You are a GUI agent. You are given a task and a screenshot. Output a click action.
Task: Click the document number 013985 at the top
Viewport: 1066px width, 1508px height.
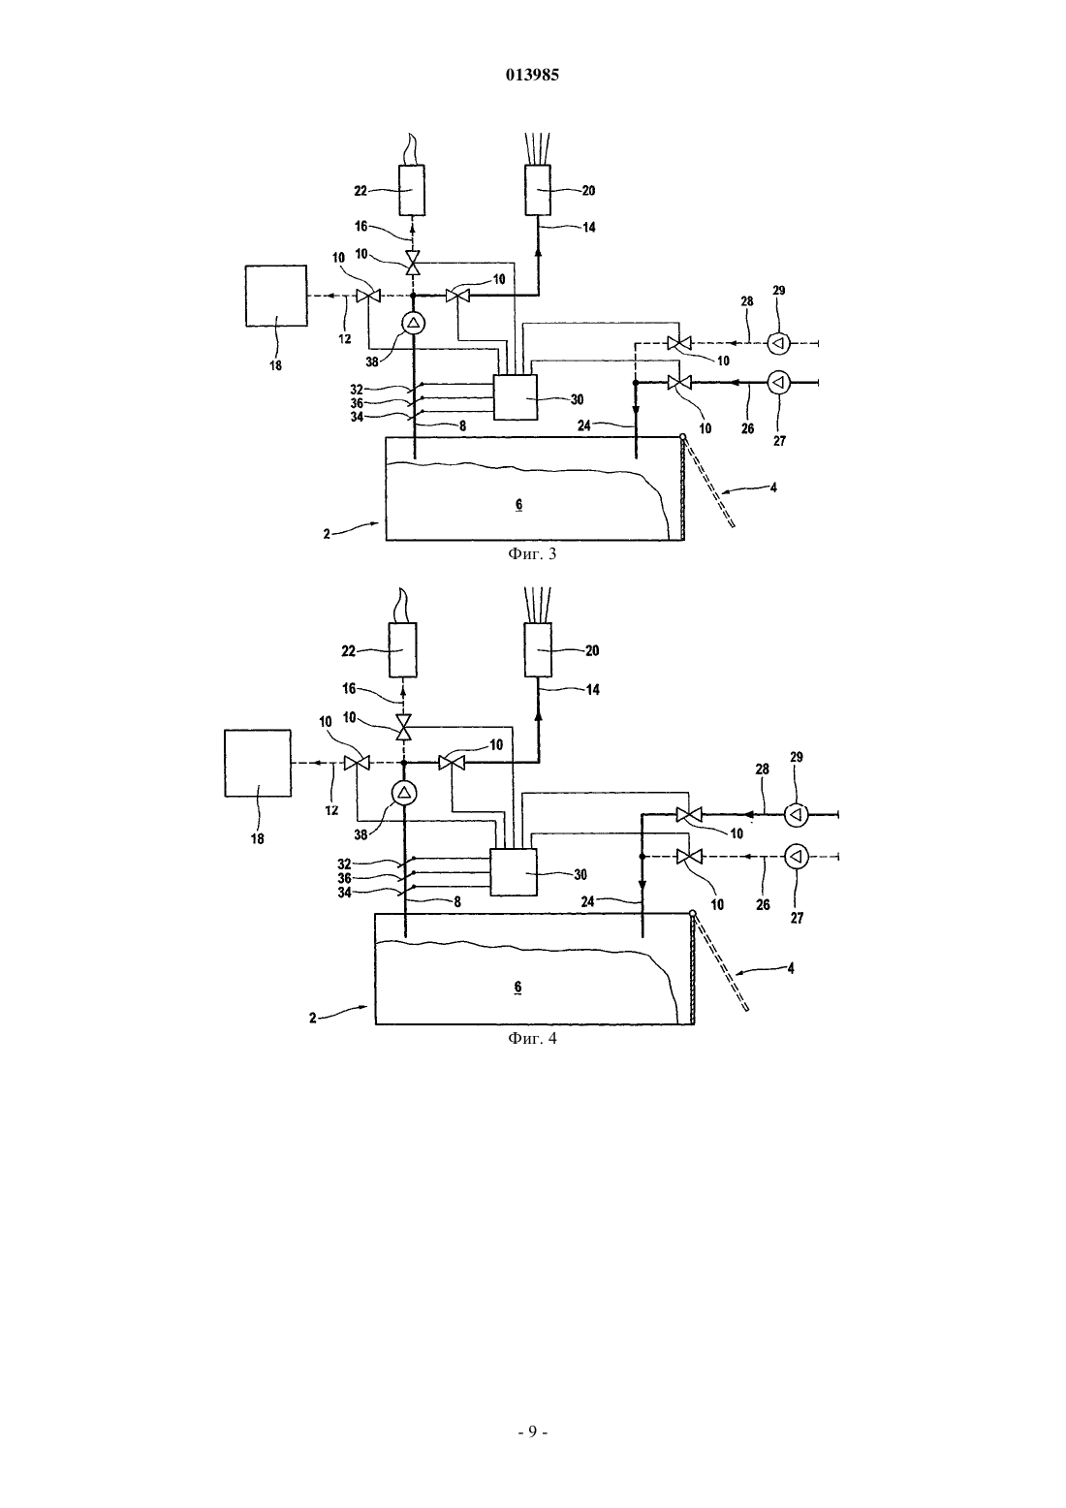pyautogui.click(x=532, y=75)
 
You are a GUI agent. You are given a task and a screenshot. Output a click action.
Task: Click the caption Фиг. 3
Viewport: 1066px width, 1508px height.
pyautogui.click(x=532, y=554)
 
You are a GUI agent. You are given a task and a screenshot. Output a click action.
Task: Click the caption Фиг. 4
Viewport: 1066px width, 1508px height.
pyautogui.click(x=532, y=1038)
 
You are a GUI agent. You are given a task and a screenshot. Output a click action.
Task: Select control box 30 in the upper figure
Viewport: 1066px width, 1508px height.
pyautogui.click(x=516, y=397)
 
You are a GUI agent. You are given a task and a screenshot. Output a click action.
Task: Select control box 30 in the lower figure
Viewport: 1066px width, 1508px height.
pyautogui.click(x=514, y=872)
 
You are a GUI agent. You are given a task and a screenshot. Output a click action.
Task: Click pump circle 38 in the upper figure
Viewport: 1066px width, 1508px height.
pyautogui.click(x=413, y=324)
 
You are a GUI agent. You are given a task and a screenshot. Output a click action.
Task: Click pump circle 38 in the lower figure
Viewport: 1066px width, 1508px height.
pyautogui.click(x=404, y=793)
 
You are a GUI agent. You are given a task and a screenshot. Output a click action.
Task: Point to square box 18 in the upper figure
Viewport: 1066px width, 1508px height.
pyautogui.click(x=276, y=296)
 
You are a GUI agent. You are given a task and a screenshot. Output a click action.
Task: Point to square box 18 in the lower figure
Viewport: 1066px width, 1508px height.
pyautogui.click(x=258, y=764)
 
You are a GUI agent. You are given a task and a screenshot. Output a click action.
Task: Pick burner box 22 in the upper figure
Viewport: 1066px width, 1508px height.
pyautogui.click(x=412, y=190)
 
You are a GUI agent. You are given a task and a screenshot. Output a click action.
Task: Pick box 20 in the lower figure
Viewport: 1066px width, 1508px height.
pyautogui.click(x=539, y=649)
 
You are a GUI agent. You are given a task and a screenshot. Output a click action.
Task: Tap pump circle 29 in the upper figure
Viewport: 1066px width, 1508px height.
pyautogui.click(x=778, y=343)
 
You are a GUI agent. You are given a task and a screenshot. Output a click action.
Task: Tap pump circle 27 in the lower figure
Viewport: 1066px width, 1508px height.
pyautogui.click(x=797, y=857)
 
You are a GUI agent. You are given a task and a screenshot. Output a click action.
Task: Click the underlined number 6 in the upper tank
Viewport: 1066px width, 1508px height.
pyautogui.click(x=518, y=505)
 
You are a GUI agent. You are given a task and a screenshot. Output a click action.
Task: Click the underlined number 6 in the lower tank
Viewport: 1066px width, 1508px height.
pyautogui.click(x=517, y=987)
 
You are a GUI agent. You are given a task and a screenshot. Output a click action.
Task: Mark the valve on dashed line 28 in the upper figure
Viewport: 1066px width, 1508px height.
pyautogui.click(x=679, y=343)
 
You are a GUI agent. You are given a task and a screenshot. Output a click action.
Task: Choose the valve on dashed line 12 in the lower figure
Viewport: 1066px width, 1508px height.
pyautogui.click(x=357, y=763)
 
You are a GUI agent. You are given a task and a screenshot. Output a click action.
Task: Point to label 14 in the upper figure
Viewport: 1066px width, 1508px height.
pyautogui.click(x=589, y=228)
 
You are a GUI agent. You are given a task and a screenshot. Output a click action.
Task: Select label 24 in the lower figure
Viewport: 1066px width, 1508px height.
pyautogui.click(x=587, y=900)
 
